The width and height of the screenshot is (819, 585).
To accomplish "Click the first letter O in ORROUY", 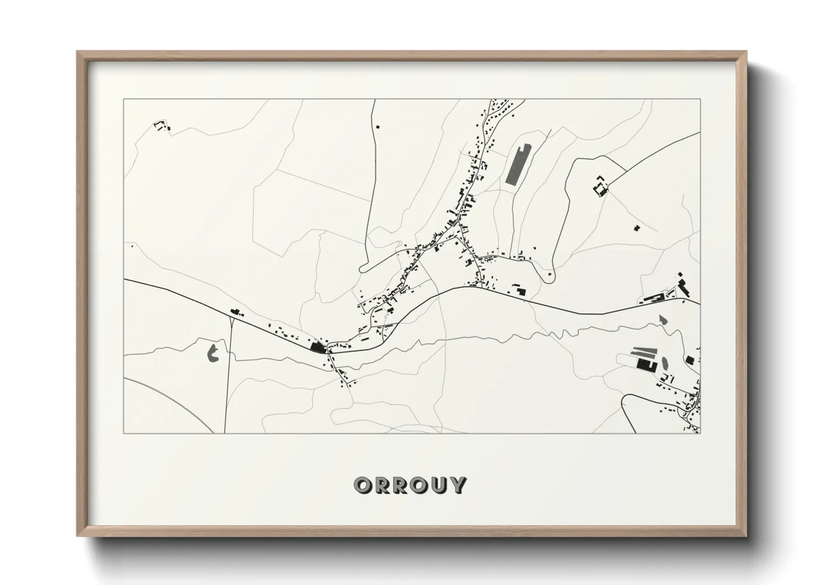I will tap(363, 485).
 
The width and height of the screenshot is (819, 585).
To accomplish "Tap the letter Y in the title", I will tap(457, 485).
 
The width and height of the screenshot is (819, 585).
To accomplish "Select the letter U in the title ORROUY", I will tap(438, 485).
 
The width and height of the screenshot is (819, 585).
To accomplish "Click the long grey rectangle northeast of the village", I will tap(518, 164).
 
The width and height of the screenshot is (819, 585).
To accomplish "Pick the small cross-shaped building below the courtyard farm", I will tap(637, 227).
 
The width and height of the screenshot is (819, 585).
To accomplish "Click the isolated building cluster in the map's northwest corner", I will tap(161, 126).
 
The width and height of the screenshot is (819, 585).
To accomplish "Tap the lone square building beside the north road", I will tap(379, 127).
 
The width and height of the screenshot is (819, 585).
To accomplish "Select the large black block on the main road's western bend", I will tap(318, 347).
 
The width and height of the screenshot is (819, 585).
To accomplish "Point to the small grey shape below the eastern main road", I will tap(663, 320).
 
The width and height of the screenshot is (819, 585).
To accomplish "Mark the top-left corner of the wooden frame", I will tap(78, 52).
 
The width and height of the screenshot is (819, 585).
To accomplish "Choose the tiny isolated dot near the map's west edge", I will tap(132, 246).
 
